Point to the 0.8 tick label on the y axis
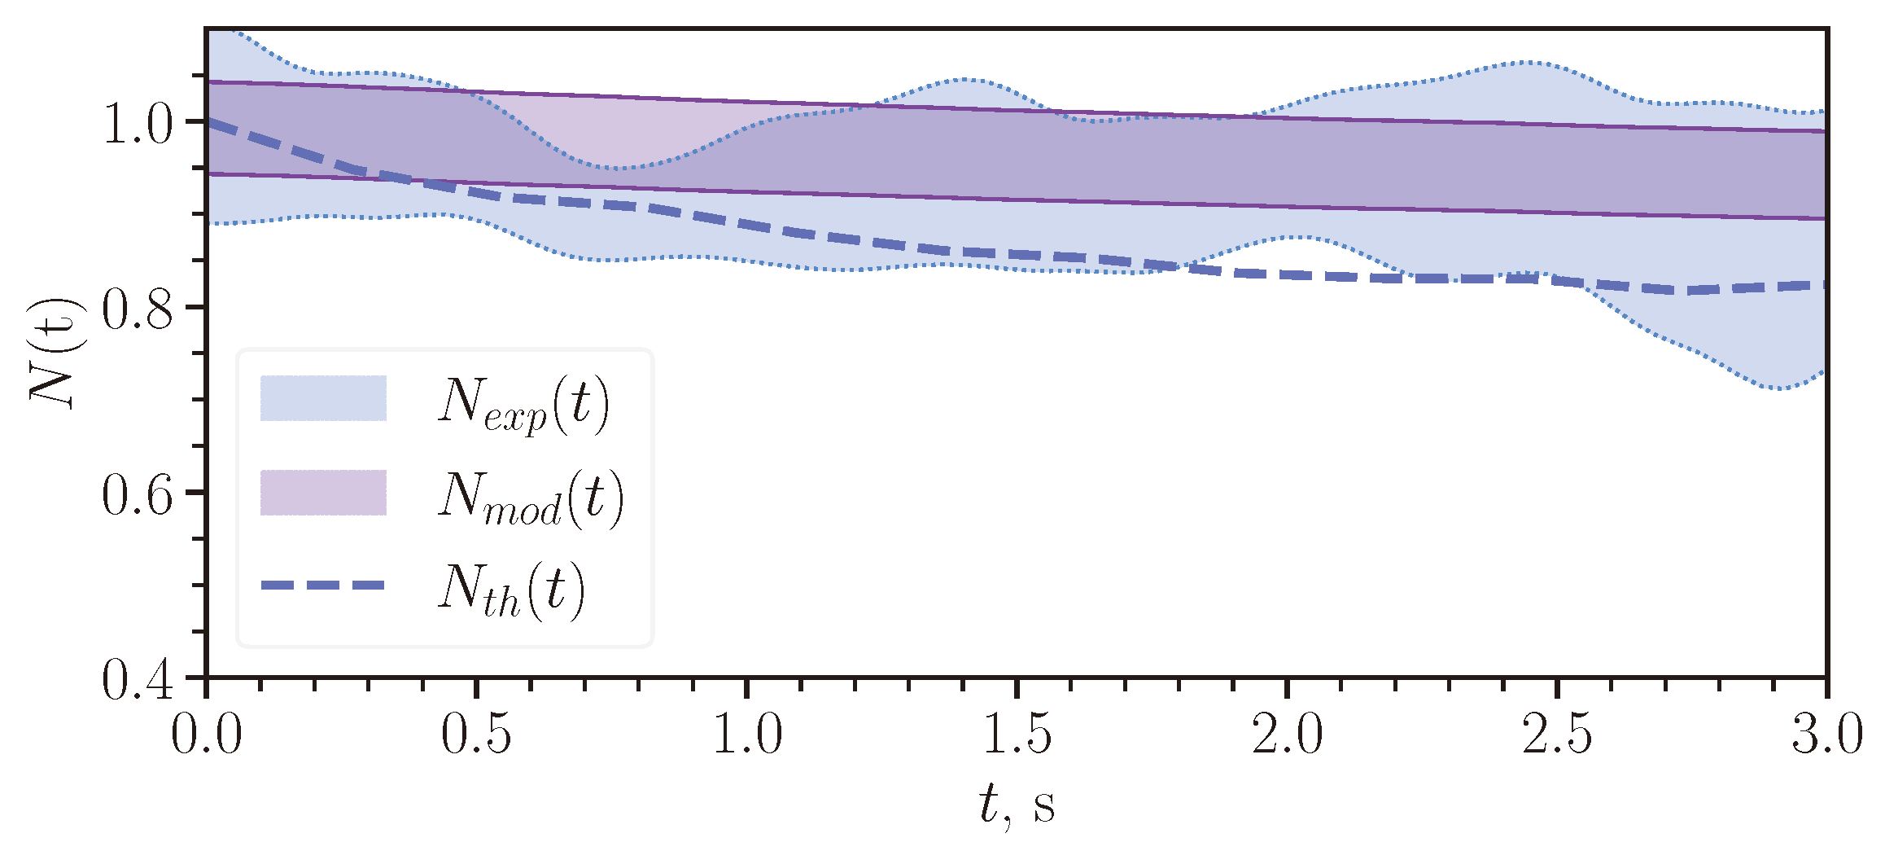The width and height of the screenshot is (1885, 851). (x=138, y=310)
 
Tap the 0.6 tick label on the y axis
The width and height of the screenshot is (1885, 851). (x=138, y=495)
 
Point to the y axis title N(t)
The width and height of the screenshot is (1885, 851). (x=55, y=352)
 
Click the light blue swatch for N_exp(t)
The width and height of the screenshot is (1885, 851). (x=323, y=398)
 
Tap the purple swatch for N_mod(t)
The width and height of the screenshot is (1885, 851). (x=323, y=493)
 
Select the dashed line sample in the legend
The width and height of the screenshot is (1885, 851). (x=323, y=586)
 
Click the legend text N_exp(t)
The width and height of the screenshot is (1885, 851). (x=523, y=402)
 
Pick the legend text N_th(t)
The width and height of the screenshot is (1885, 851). (x=511, y=590)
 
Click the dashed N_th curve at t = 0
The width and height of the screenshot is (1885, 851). (x=210, y=122)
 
